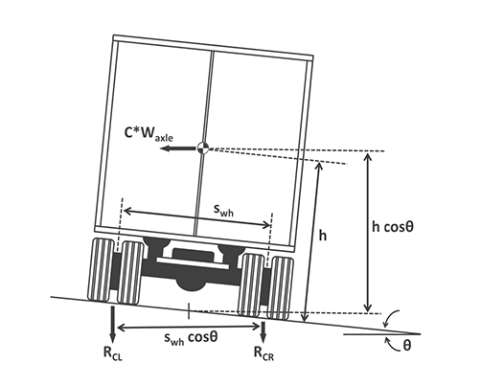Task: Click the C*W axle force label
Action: pyautogui.click(x=149, y=134)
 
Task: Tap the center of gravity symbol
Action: pyautogui.click(x=203, y=148)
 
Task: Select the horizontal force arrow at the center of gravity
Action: pyautogui.click(x=178, y=148)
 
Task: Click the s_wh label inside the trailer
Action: pyautogui.click(x=223, y=210)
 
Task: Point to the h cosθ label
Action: pyautogui.click(x=393, y=227)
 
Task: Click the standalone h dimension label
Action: pyautogui.click(x=323, y=236)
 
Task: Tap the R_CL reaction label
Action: pyautogui.click(x=113, y=353)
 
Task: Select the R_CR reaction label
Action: pyautogui.click(x=263, y=352)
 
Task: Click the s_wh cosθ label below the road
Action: pyautogui.click(x=191, y=338)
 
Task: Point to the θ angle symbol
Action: pyautogui.click(x=406, y=345)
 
